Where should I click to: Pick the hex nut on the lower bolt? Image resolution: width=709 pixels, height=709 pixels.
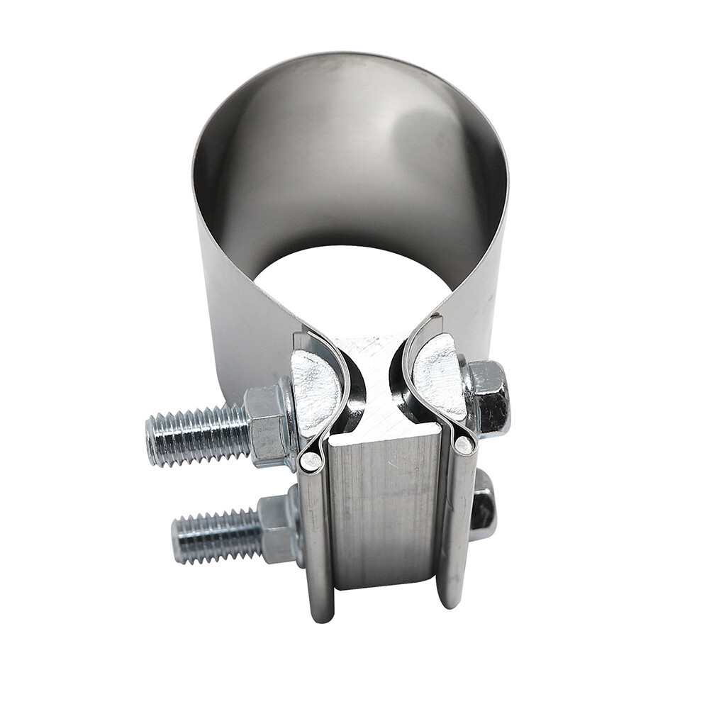(x=278, y=528)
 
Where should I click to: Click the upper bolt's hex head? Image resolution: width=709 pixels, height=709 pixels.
(x=488, y=397)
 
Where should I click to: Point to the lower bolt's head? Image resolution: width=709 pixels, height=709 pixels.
(x=483, y=505)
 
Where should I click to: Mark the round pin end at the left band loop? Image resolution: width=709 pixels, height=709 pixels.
(x=310, y=462)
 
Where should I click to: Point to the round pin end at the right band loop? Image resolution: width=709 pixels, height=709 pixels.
(x=462, y=445)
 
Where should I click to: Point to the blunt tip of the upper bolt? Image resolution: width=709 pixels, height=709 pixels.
(x=151, y=441)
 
